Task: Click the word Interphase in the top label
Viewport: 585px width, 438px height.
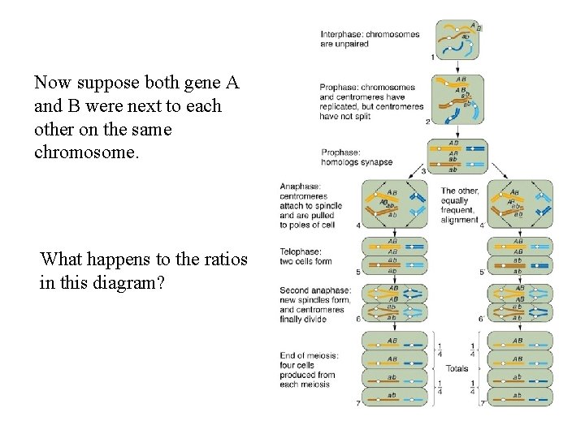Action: click(x=341, y=35)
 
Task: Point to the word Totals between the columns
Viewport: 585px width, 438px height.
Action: click(x=457, y=368)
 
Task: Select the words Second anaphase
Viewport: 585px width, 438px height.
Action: click(x=304, y=290)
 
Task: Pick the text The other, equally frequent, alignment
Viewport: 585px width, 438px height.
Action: click(x=460, y=205)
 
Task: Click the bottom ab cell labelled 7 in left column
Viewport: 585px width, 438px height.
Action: click(x=392, y=397)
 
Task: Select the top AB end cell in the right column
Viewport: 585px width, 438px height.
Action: click(x=517, y=341)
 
